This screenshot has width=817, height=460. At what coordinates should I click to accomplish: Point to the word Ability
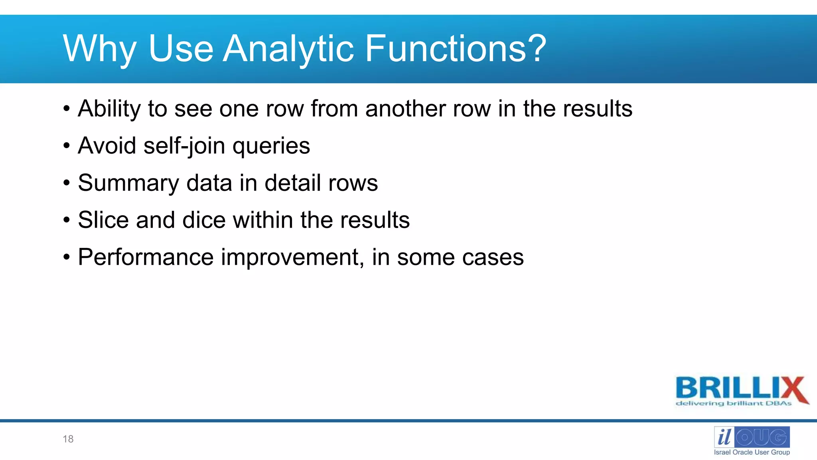(109, 109)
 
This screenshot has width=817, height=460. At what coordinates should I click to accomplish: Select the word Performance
(146, 257)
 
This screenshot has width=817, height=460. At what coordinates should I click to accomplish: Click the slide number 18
(68, 439)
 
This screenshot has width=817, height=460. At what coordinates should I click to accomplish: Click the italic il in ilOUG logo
(724, 437)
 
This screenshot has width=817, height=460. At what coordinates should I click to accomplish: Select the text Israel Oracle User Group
(752, 452)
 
